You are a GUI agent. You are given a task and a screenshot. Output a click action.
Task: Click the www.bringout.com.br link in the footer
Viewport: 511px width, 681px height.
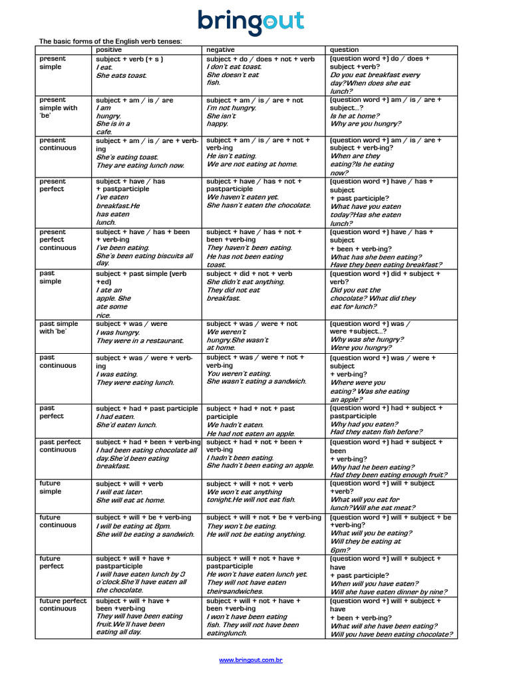tap(252, 660)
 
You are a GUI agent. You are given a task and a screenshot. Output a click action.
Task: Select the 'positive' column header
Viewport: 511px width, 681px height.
tap(109, 50)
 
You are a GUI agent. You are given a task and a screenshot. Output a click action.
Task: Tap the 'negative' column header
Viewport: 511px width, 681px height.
tap(220, 50)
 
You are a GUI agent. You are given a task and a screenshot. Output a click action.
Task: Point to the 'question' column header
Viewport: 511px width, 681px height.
tap(344, 50)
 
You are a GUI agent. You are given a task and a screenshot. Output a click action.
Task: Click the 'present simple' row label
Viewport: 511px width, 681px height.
tap(53, 63)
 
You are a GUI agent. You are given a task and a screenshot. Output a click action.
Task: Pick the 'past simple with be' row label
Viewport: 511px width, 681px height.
tap(59, 328)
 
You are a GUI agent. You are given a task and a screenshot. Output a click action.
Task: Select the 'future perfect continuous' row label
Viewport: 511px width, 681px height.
tap(63, 605)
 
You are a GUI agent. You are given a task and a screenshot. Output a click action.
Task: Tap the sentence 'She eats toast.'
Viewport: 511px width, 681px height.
tap(121, 76)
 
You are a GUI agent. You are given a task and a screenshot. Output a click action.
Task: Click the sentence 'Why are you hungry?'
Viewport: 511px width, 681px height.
tap(366, 124)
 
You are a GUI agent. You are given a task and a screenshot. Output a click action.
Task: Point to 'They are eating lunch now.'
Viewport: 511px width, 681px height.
tap(140, 166)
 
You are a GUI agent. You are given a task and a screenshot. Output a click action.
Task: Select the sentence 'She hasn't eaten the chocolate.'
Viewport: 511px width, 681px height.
tap(259, 205)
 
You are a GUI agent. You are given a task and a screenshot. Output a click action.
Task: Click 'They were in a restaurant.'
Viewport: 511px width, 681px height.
tap(140, 340)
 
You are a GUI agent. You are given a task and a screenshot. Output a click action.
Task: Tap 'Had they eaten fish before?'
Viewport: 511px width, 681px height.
tap(376, 432)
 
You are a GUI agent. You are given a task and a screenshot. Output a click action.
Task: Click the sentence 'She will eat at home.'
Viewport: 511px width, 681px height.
tap(130, 500)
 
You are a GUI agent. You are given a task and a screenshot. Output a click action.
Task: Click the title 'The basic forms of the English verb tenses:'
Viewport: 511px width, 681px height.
tap(110, 41)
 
